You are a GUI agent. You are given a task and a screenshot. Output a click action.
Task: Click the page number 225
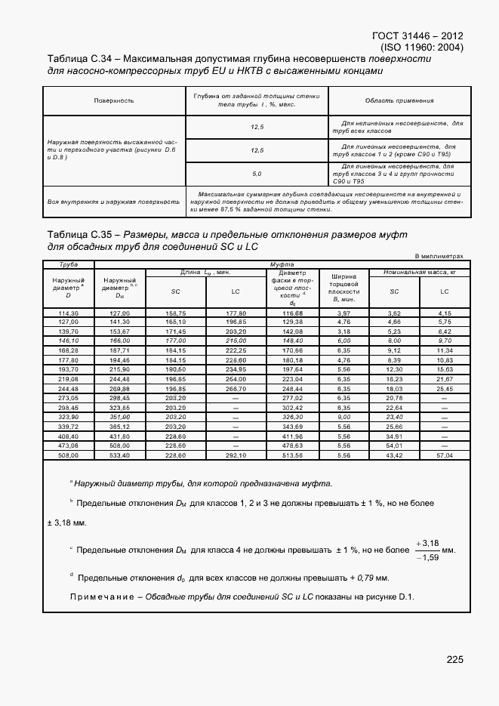point(454,660)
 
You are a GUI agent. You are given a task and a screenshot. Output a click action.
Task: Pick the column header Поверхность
point(114,100)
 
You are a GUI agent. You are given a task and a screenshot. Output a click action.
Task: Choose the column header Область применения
point(399,100)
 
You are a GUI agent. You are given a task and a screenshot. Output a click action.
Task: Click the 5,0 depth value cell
point(257,174)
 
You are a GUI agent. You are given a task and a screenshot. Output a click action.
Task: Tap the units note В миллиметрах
point(439,256)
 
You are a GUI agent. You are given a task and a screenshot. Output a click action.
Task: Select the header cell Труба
point(69,264)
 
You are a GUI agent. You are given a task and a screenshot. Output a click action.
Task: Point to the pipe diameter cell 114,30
point(69,313)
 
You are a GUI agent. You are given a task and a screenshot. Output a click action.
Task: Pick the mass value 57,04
point(445,455)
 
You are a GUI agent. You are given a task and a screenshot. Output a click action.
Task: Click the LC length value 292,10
point(236,455)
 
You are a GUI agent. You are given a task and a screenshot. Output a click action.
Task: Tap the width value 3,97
point(344,313)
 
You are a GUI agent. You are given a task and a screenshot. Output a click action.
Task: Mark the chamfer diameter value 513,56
point(292,455)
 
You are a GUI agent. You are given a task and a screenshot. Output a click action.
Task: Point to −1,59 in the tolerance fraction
point(427,558)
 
